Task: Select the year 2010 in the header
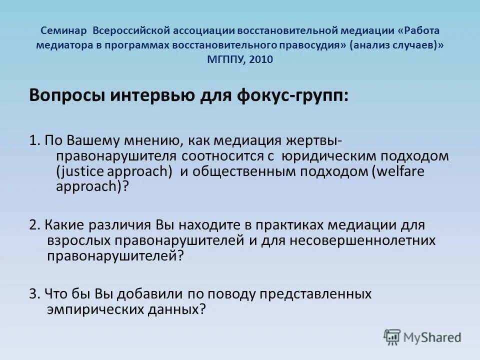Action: [262, 59]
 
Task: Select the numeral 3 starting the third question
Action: [33, 293]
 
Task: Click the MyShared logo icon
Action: [393, 337]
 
